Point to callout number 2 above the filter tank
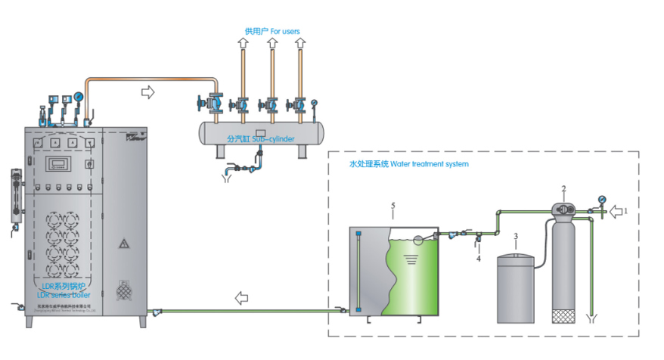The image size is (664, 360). click(x=563, y=188)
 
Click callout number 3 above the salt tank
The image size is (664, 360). click(x=515, y=237)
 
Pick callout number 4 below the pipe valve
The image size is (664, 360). click(x=478, y=258)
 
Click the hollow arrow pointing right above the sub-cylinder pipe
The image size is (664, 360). click(x=147, y=92)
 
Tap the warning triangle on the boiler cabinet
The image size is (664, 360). click(x=123, y=244)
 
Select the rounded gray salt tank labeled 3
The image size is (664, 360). click(x=515, y=287)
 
